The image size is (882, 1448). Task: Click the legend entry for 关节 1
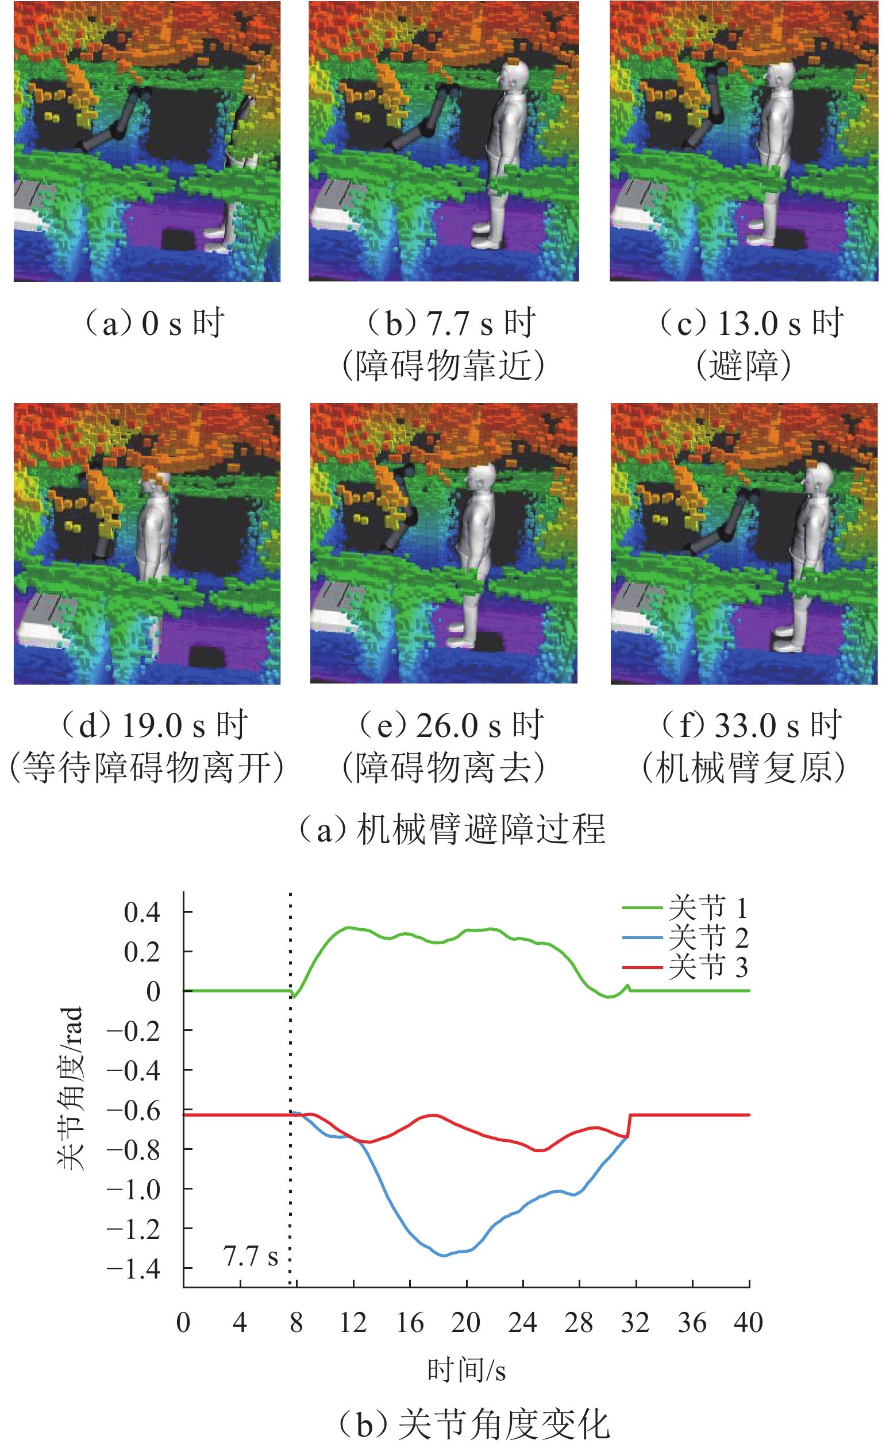tap(685, 908)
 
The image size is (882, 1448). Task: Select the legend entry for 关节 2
tap(685, 937)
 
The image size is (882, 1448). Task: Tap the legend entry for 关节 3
tap(685, 967)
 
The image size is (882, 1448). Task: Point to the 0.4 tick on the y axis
tap(142, 912)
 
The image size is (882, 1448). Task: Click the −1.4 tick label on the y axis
tap(133, 1269)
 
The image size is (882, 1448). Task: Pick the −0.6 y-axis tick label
tap(133, 1110)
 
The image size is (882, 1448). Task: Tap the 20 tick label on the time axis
tap(465, 1322)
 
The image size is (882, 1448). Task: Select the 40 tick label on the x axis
tap(749, 1322)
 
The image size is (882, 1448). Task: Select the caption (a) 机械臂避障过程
tap(452, 829)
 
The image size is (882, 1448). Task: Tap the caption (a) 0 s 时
tap(154, 323)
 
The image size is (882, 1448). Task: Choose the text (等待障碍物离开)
tap(147, 767)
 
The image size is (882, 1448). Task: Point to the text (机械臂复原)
tap(744, 767)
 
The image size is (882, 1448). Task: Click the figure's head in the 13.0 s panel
tap(780, 75)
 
